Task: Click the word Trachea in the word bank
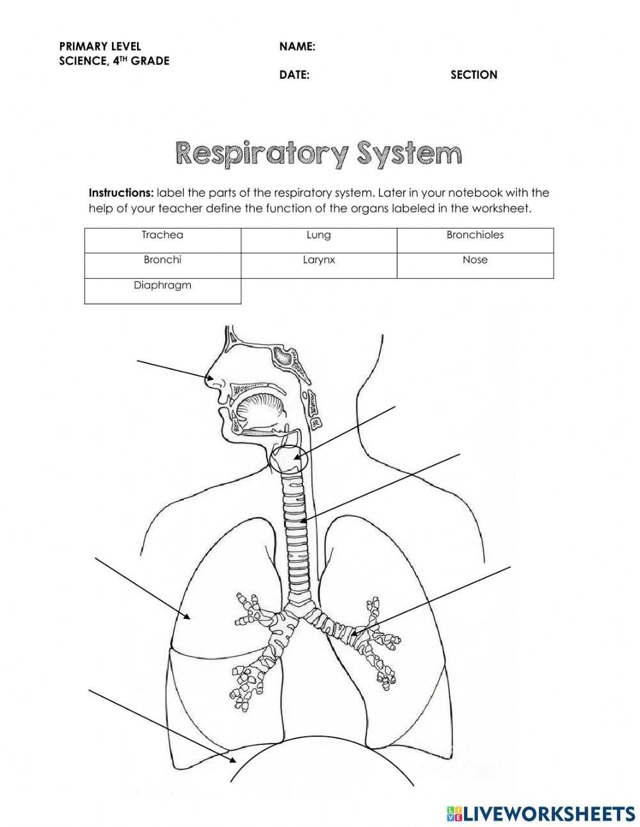tap(163, 235)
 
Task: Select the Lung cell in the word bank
tap(319, 235)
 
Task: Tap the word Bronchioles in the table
tap(475, 235)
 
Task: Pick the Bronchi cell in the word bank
tap(163, 260)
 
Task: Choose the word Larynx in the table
tap(319, 260)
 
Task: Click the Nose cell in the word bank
tap(475, 260)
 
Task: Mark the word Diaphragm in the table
tap(163, 286)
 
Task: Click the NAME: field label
tap(297, 47)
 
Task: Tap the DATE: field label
tap(294, 75)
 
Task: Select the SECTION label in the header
tap(474, 75)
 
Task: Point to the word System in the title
tap(410, 154)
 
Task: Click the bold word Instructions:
tap(121, 193)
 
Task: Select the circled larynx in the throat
tap(289, 459)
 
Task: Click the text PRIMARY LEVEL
tap(100, 46)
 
